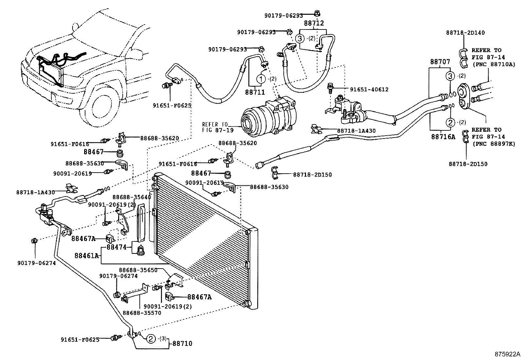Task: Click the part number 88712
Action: (x=314, y=23)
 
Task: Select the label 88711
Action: (x=255, y=92)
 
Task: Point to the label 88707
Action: (x=440, y=62)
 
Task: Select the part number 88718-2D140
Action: (x=465, y=32)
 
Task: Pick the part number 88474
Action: (x=116, y=247)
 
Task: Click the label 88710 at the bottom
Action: (x=182, y=344)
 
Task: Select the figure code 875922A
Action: (x=507, y=354)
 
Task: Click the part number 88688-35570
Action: (x=142, y=313)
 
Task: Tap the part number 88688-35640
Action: (x=132, y=197)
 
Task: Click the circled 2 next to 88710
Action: (x=151, y=339)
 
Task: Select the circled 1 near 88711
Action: (x=261, y=79)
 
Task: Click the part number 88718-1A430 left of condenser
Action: (x=36, y=192)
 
